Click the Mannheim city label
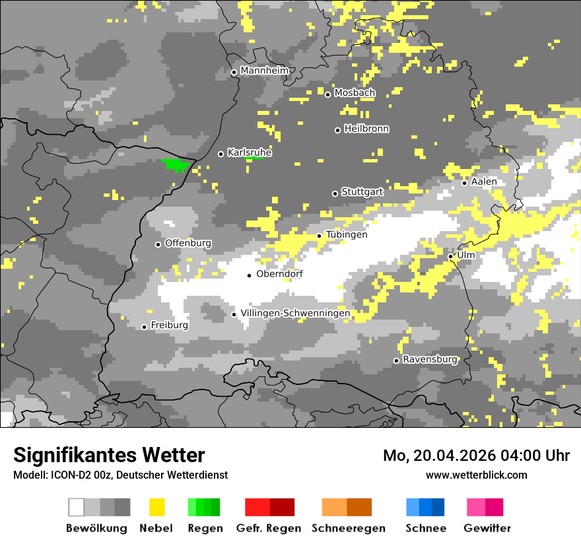265,71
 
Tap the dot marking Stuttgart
335,193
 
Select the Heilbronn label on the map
366,129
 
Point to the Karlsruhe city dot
221,154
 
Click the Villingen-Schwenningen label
295,313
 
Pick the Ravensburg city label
430,360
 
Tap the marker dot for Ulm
451,256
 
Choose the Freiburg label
169,325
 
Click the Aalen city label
484,182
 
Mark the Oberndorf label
279,274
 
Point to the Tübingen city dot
320,236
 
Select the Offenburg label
188,243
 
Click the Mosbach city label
355,93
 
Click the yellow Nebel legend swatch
157,507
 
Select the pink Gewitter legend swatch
485,507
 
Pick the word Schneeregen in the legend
349,528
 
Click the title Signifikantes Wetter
109,455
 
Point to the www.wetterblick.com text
477,475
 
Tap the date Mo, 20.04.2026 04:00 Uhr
477,456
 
